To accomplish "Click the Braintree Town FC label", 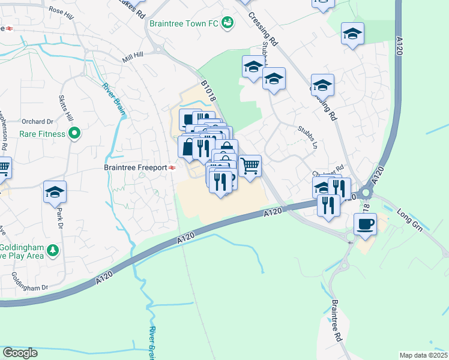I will [183, 24].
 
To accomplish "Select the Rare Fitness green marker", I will [74, 133].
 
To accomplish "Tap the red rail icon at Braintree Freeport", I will [172, 168].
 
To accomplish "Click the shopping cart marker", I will [250, 164].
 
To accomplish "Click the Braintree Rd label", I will [336, 320].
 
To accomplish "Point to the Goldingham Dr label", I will [29, 281].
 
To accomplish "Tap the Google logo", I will [20, 353].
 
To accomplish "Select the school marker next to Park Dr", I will [55, 192].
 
